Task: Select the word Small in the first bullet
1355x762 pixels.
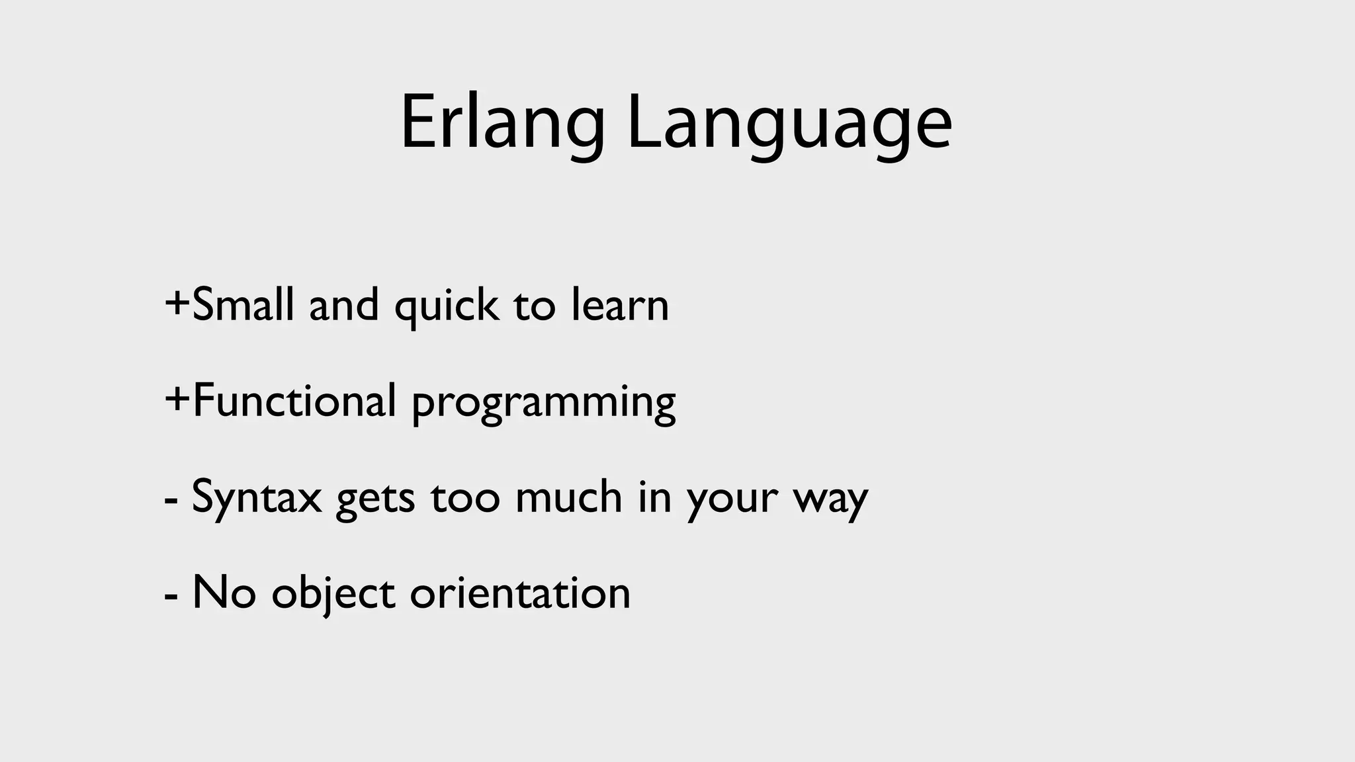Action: coord(243,305)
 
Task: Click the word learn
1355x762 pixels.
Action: coord(620,305)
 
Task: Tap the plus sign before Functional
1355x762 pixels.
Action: coord(177,400)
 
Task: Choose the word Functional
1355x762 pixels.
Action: coord(294,401)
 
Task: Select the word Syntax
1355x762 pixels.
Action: coord(257,497)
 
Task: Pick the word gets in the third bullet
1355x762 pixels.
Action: coord(375,499)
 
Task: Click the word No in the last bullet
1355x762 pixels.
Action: coord(224,592)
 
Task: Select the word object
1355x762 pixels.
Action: coord(333,593)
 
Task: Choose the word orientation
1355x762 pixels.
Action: coord(520,592)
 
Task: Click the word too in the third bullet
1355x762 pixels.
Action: coord(465,497)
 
